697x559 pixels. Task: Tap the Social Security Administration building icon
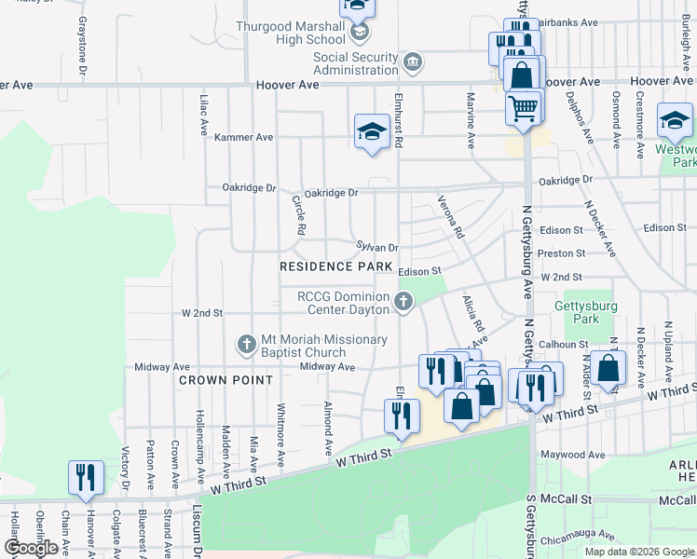point(413,63)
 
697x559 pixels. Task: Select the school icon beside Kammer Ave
point(371,132)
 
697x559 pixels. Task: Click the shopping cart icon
point(523,107)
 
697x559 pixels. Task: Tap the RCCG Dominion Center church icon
point(403,301)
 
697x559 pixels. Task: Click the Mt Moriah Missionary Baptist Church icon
point(246,345)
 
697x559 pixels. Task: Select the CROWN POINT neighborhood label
point(225,380)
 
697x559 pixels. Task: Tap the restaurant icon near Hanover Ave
point(86,477)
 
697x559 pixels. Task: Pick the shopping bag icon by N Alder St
point(608,369)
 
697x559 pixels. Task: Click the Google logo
point(31,548)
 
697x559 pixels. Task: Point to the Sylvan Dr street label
point(377,247)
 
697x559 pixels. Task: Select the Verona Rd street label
point(451,216)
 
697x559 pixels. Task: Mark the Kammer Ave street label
point(244,137)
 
